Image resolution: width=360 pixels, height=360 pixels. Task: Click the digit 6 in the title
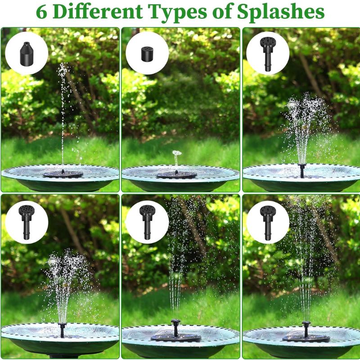(41, 12)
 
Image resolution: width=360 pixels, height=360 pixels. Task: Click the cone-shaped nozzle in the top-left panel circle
(27, 54)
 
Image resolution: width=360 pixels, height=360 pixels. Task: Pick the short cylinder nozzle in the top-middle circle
(147, 54)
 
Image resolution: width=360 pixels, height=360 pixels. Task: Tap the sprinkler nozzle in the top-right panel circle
(267, 54)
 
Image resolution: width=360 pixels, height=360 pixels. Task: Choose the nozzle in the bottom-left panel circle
(27, 222)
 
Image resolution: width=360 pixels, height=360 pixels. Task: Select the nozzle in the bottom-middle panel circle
(147, 222)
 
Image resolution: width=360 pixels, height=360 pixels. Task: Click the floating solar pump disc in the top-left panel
(63, 174)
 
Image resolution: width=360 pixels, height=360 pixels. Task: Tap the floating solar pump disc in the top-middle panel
(176, 175)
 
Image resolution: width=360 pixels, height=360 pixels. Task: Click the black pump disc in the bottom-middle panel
(176, 336)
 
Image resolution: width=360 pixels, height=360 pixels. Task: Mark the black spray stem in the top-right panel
(302, 171)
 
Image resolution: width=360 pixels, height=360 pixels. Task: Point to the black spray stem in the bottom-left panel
(62, 330)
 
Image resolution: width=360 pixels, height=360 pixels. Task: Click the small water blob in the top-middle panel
(177, 153)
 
